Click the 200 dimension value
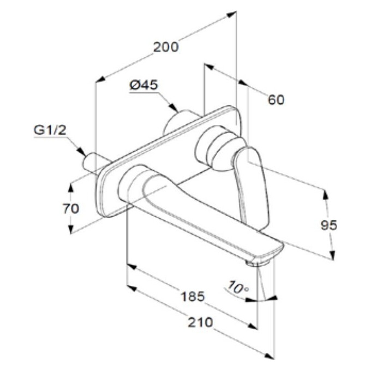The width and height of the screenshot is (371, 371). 166,47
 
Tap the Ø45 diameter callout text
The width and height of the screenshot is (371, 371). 144,85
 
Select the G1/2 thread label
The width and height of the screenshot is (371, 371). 50,130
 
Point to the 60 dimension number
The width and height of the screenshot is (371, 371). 276,100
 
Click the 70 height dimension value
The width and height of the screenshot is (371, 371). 71,208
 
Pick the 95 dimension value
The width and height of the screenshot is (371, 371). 329,225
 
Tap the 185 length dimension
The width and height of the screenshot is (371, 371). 193,296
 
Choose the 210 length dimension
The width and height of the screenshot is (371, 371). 200,322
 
